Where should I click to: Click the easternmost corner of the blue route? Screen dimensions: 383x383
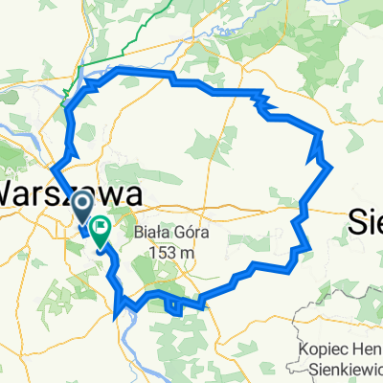[331, 168]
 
